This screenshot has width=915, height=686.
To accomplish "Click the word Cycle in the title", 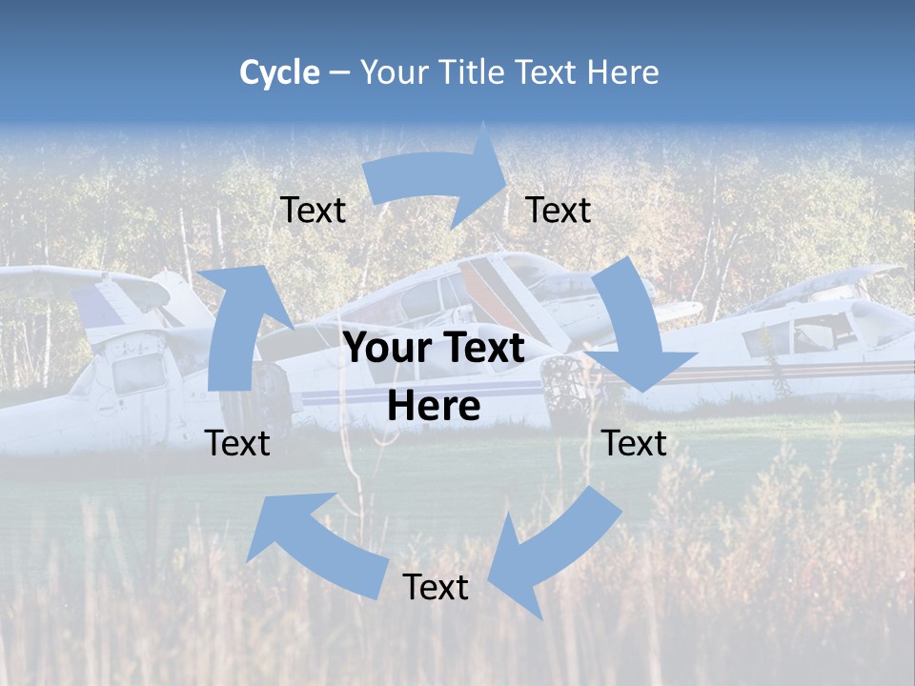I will click(279, 72).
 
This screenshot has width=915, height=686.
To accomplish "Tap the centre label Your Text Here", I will click(434, 377).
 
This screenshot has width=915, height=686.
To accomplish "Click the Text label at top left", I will click(313, 210).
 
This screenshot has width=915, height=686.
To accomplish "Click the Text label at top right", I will click(559, 210).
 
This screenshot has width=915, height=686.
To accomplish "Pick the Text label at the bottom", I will click(435, 587).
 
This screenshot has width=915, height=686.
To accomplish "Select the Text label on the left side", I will click(237, 443).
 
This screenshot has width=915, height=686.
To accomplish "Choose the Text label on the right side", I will click(634, 443).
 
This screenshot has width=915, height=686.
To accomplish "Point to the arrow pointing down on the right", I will click(634, 333).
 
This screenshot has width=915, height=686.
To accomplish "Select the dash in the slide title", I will click(339, 73).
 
